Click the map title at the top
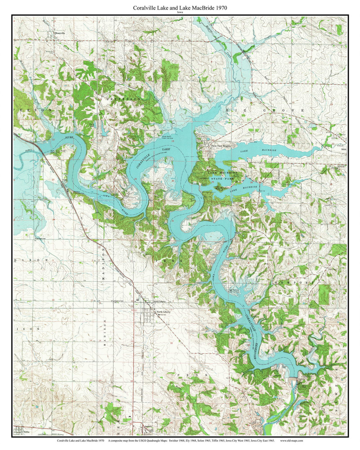click(x=180, y=7)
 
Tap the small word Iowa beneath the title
click(x=180, y=12)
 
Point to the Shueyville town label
click(x=59, y=33)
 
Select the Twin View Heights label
click(x=221, y=146)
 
